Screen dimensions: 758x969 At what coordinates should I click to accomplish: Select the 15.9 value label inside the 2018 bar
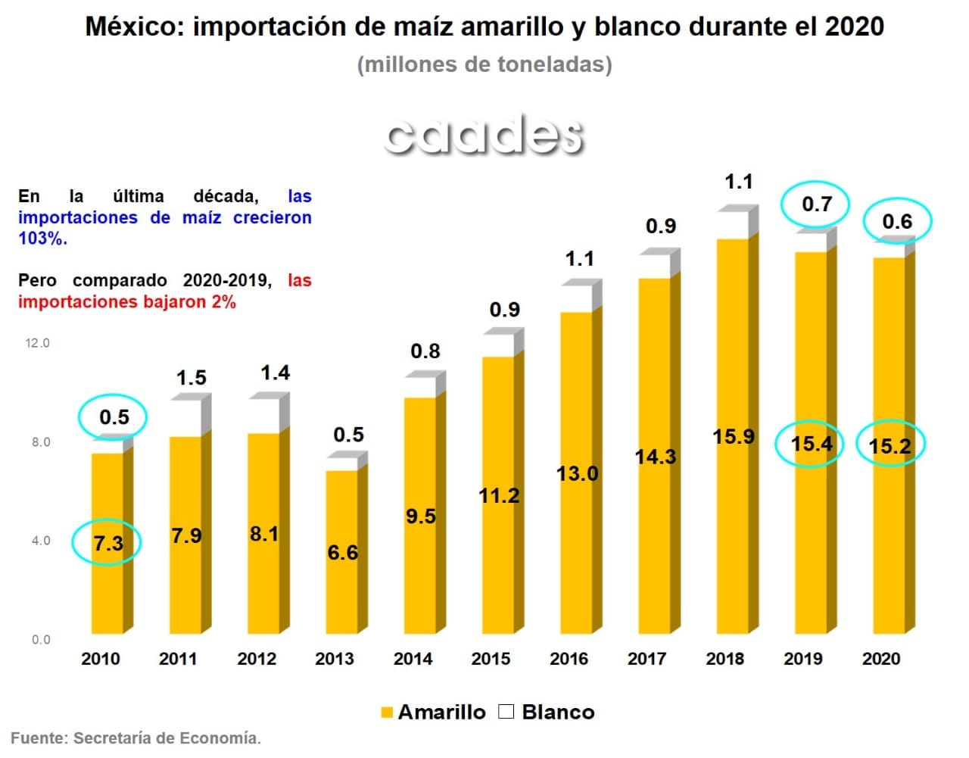click(733, 437)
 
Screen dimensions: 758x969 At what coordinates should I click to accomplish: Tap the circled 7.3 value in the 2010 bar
click(107, 543)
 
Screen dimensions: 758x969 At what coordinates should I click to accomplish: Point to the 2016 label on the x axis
click(569, 659)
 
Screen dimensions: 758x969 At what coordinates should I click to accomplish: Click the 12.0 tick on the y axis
click(37, 343)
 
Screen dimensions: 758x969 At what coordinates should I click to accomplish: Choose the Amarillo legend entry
click(433, 712)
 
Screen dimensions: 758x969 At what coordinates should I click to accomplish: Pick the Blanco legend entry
click(547, 712)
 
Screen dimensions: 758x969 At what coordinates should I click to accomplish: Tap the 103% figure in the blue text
click(42, 239)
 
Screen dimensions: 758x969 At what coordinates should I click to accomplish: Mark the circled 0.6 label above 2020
click(897, 222)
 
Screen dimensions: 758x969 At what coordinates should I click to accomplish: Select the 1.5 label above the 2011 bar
click(191, 378)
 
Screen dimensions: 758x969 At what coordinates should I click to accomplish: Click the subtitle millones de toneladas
click(484, 64)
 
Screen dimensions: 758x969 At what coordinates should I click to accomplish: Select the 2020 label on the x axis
click(881, 659)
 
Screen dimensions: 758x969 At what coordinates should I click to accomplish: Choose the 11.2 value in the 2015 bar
click(499, 496)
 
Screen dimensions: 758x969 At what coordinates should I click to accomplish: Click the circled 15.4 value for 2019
click(811, 444)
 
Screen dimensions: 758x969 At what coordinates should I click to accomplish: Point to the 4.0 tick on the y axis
click(41, 541)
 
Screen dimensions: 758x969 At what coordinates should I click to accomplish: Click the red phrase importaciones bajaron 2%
click(127, 302)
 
